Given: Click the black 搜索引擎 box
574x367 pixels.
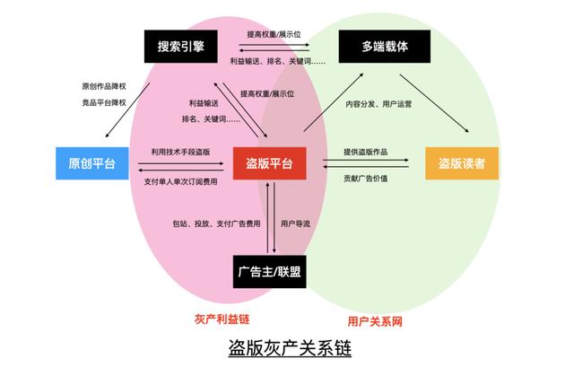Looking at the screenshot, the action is (181, 47).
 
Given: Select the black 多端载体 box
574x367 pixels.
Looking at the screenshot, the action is (385, 47).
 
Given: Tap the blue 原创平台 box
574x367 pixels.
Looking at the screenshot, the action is (92, 163).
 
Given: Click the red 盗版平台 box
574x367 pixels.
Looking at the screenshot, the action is (269, 163).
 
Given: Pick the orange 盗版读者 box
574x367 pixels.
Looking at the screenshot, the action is (462, 163).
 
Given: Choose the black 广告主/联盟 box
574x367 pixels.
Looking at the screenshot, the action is (269, 272).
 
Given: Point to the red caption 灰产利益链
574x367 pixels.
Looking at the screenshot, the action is (222, 319).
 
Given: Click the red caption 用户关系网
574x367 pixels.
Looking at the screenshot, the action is (375, 321).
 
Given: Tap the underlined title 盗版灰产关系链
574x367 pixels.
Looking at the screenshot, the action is (290, 347).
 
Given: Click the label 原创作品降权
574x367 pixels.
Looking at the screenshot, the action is (104, 86).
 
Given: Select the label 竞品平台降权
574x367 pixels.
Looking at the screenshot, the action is (104, 102).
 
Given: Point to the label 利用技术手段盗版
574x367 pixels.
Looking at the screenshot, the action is (181, 152).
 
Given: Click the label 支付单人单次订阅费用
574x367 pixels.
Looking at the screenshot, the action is (181, 181).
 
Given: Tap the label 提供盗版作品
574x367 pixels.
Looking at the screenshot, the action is (365, 152).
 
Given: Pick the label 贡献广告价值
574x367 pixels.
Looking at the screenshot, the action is (365, 179).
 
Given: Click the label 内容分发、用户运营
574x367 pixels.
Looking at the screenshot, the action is (378, 104).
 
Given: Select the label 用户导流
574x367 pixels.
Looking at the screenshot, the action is (295, 223).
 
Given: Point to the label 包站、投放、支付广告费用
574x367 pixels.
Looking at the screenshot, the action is (217, 223).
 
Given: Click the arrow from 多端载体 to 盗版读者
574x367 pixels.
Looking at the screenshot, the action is (434, 103).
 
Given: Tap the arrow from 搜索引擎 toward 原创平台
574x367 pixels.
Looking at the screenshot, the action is (127, 110).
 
